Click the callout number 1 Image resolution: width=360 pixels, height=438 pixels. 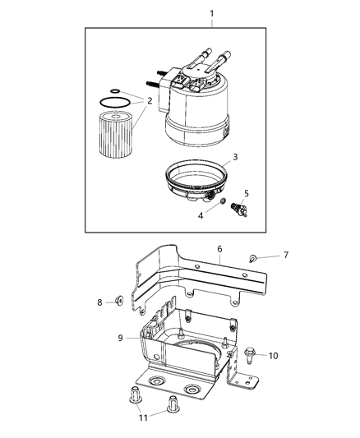212,14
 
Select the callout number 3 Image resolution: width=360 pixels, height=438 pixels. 234,156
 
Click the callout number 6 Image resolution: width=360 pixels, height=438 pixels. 219,247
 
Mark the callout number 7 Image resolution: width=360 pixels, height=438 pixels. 285,255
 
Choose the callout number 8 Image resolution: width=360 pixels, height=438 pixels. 99,302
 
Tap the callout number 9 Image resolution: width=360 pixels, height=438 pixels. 119,337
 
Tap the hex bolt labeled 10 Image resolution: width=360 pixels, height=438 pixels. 248,353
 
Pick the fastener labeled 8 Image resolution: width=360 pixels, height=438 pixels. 119,302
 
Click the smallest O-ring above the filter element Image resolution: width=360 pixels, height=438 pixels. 115,91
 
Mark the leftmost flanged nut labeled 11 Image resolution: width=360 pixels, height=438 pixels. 135,397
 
